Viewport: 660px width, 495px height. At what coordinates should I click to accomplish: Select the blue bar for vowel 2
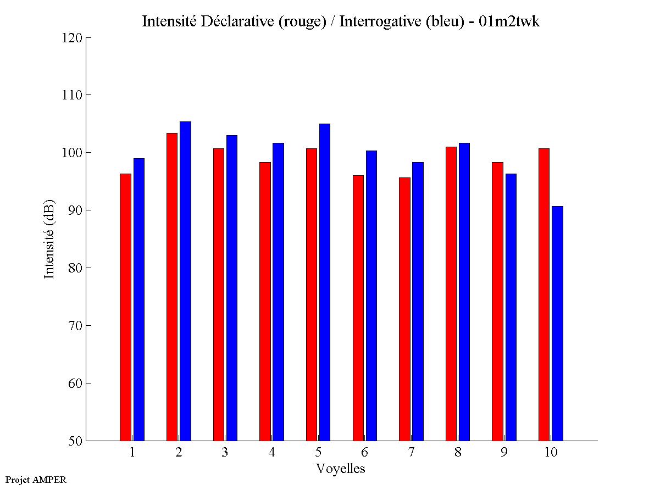(185, 281)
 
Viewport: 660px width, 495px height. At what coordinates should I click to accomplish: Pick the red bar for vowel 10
(544, 294)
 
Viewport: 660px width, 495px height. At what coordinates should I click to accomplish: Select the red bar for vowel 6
(358, 308)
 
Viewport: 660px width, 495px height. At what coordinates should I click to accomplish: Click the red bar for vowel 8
(451, 293)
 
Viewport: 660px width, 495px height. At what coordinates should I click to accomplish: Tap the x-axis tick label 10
(551, 453)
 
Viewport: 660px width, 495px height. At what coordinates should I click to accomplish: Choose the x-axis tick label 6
(364, 453)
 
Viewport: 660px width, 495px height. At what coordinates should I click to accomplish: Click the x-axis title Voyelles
(341, 469)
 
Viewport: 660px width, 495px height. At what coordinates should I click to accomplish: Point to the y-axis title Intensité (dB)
(49, 239)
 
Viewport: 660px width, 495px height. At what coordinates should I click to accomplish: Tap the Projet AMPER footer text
(36, 480)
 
